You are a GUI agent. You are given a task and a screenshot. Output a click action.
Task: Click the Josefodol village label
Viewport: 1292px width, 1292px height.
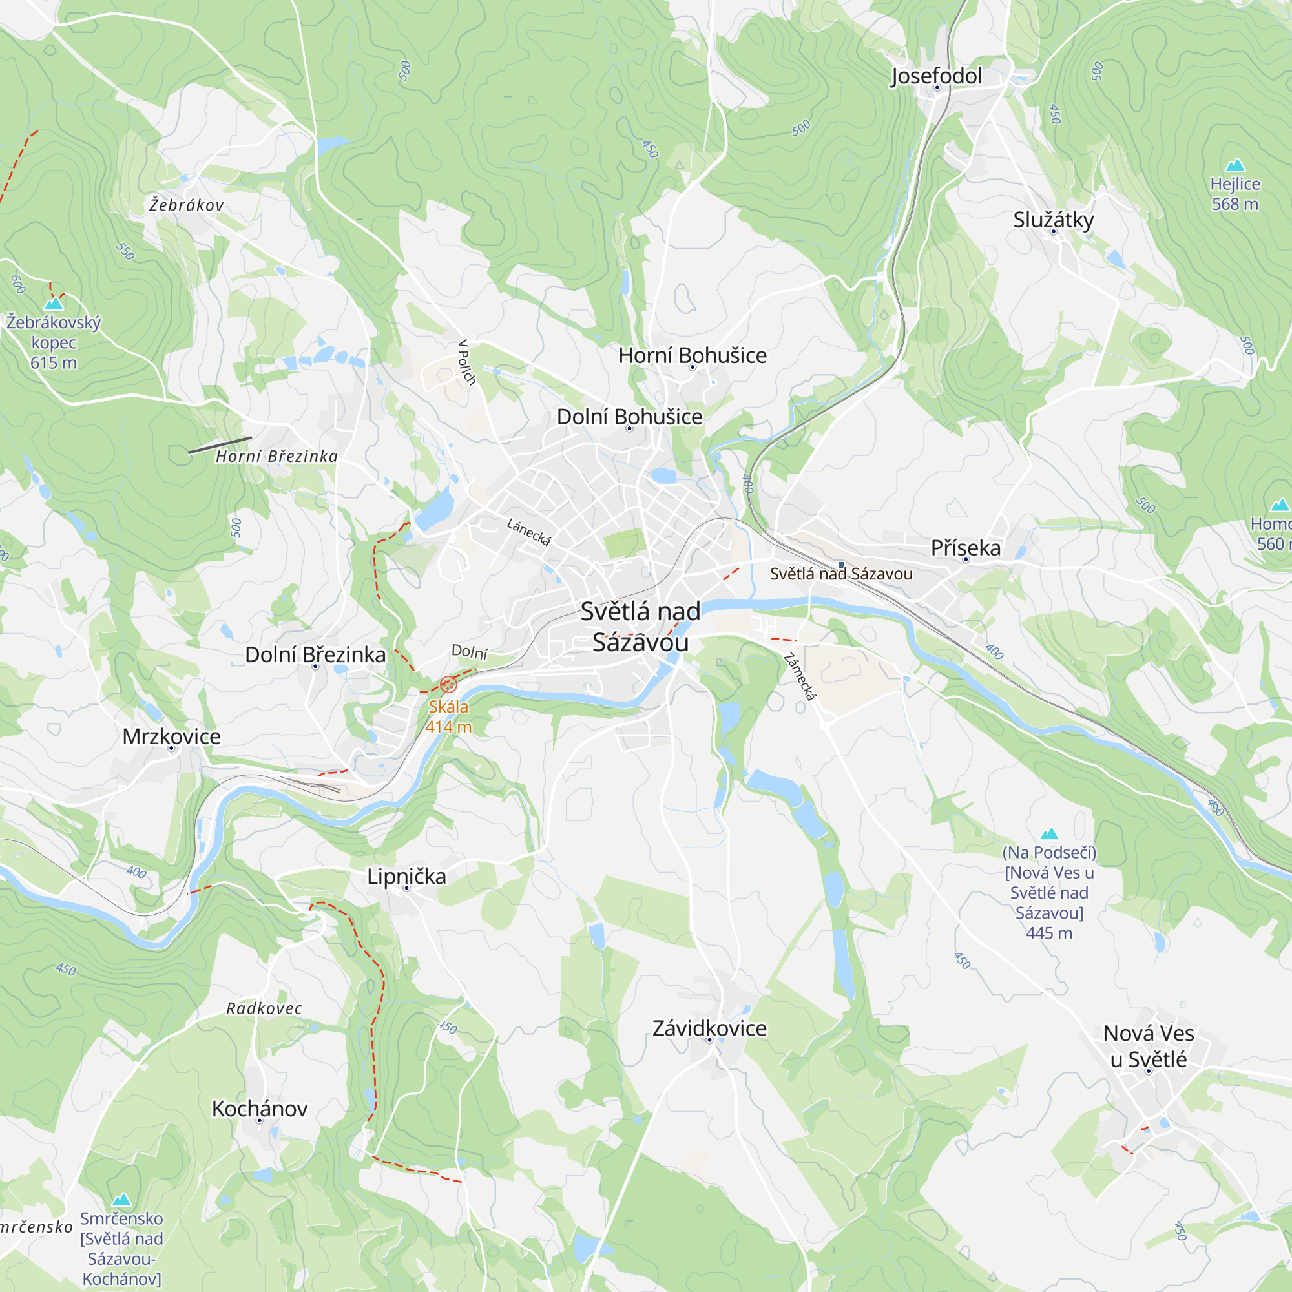pyautogui.click(x=936, y=76)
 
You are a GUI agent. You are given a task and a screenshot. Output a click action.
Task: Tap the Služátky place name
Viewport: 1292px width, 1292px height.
pyautogui.click(x=1053, y=220)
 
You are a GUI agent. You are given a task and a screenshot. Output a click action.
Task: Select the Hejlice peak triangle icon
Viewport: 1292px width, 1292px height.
pyautogui.click(x=1235, y=165)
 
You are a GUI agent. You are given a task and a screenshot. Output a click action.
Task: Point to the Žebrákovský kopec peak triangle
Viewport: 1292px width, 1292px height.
pyautogui.click(x=54, y=304)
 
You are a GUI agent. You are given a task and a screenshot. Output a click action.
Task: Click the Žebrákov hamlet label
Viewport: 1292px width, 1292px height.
pyautogui.click(x=186, y=205)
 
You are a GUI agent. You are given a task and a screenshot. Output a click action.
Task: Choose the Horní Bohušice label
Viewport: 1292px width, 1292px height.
pyautogui.click(x=692, y=356)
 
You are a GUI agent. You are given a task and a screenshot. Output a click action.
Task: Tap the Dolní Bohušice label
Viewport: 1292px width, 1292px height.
pyautogui.click(x=629, y=417)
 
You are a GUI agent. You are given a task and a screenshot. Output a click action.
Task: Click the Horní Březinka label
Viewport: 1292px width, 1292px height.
pyautogui.click(x=276, y=457)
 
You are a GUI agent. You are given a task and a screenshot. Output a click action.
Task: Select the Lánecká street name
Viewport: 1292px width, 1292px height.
pyautogui.click(x=528, y=532)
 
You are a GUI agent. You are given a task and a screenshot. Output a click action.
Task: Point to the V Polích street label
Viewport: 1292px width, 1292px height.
pyautogui.click(x=467, y=362)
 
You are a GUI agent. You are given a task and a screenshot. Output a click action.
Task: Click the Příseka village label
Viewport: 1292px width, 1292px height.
pyautogui.click(x=966, y=548)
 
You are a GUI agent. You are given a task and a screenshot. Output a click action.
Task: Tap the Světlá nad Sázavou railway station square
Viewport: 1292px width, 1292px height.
pyautogui.click(x=840, y=565)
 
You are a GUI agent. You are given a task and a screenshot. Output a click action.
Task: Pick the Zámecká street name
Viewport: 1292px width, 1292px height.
pyautogui.click(x=799, y=677)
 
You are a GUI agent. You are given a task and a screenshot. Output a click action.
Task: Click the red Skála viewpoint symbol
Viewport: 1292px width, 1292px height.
pyautogui.click(x=448, y=684)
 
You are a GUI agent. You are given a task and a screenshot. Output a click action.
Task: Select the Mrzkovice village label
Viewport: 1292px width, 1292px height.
pyautogui.click(x=171, y=737)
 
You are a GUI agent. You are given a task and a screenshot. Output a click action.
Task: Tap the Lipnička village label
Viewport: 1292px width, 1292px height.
pyautogui.click(x=406, y=877)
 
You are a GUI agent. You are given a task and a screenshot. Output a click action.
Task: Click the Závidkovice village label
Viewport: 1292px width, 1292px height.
pyautogui.click(x=709, y=1028)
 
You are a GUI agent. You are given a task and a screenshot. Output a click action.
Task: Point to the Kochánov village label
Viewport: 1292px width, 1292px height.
pyautogui.click(x=260, y=1109)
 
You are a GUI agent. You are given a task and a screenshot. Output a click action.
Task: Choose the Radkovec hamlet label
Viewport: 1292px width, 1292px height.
pyautogui.click(x=264, y=1009)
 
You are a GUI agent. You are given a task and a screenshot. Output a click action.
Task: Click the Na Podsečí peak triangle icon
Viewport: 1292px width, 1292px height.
pyautogui.click(x=1049, y=834)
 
